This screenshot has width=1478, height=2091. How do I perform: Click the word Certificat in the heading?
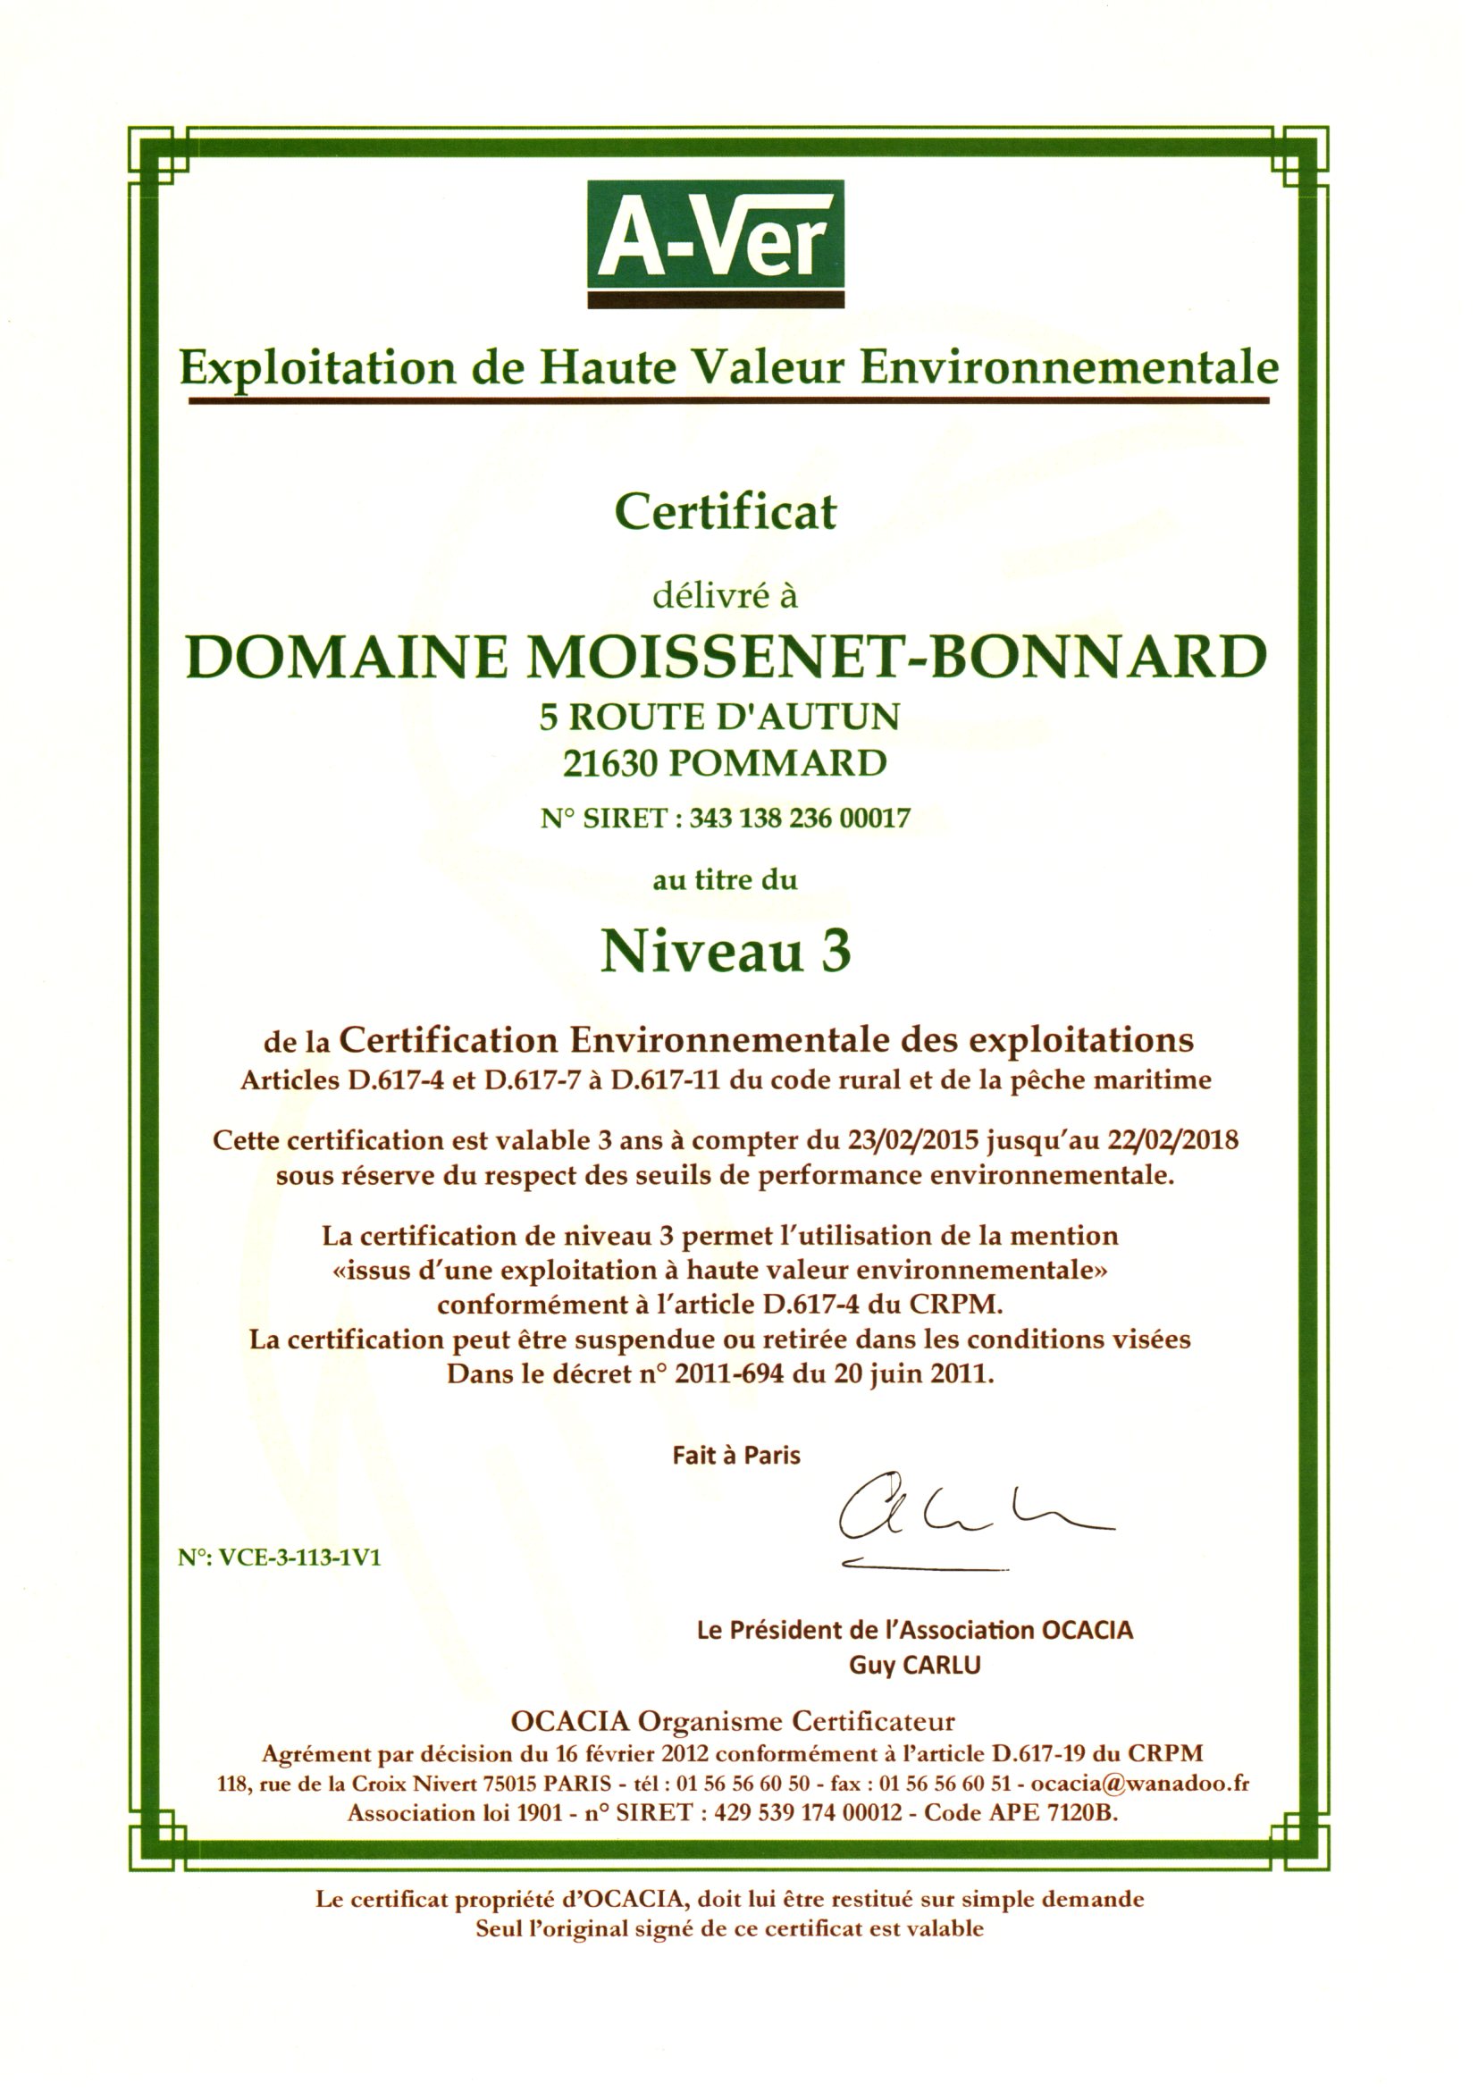725,512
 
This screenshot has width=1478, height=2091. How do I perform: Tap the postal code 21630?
609,763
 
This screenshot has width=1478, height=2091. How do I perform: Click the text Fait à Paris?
735,1456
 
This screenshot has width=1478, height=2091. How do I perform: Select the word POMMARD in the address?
777,763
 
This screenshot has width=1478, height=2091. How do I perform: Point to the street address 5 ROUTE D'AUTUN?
718,717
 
